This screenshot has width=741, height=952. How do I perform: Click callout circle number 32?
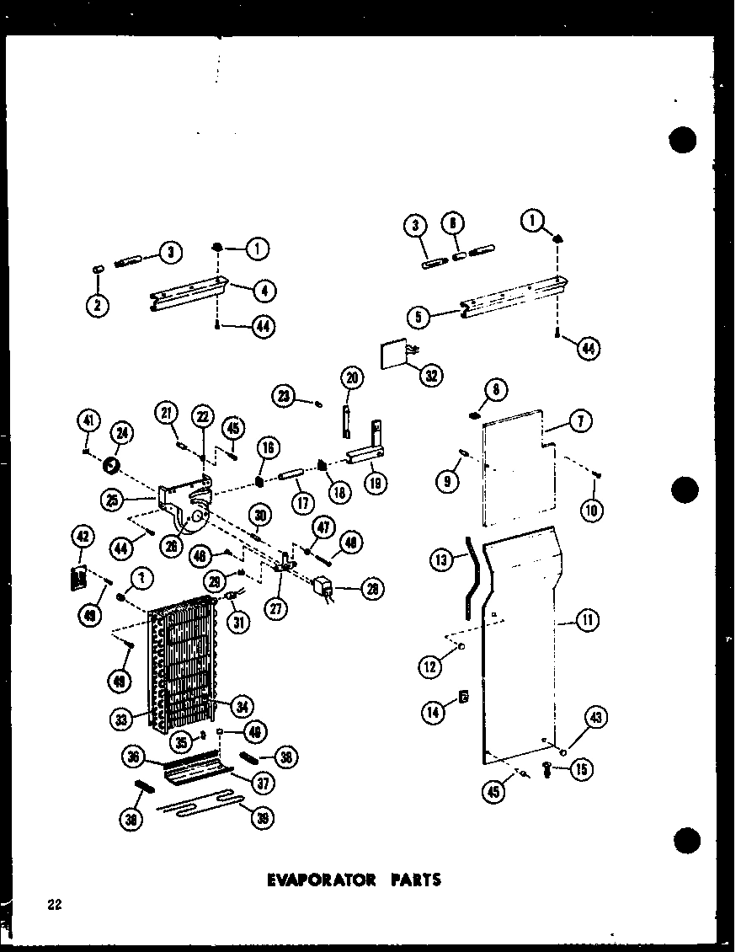pos(430,376)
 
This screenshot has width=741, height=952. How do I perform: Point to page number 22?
pos(56,906)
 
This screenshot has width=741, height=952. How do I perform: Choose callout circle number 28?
pos(369,588)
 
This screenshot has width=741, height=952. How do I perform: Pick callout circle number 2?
pos(98,305)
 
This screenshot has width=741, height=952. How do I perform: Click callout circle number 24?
pos(122,435)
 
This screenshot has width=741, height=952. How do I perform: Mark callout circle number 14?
pos(434,712)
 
